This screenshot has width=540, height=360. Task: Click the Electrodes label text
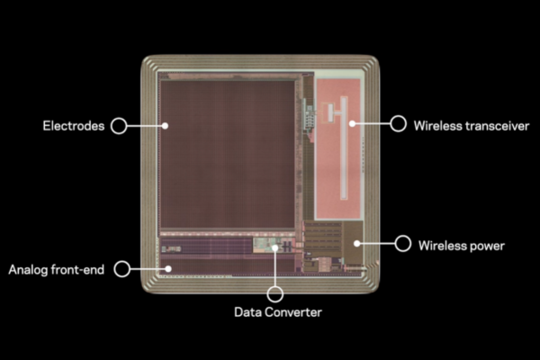tap(74, 126)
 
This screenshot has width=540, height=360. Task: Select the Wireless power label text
tap(462, 245)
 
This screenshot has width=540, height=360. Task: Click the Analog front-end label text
tap(57, 269)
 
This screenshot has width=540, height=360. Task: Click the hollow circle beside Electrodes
tap(118, 126)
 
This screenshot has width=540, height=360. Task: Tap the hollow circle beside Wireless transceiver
tap(398, 123)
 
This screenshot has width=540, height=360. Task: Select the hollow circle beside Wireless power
tap(403, 243)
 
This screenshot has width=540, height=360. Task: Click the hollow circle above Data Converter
tap(275, 293)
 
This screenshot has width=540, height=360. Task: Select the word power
tap(487, 245)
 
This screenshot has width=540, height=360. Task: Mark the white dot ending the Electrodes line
tap(166, 126)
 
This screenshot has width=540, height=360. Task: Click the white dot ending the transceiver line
tap(351, 122)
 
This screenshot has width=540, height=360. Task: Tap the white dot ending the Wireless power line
tap(357, 242)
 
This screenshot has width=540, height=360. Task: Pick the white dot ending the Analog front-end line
tap(168, 267)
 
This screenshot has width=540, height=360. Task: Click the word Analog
tap(28, 269)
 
